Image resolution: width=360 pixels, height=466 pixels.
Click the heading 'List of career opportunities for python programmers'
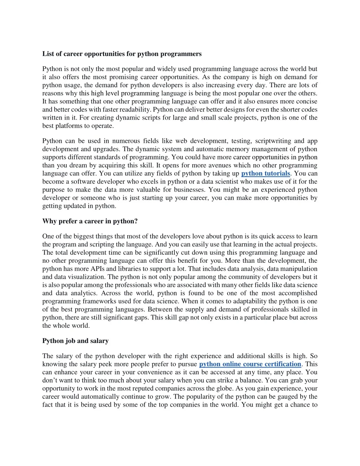pos(122,54)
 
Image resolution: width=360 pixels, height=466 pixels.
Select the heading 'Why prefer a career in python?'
pos(90,221)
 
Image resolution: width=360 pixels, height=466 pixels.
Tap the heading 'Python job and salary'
pos(76,341)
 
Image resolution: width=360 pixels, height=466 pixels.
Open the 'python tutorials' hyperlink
pos(265,173)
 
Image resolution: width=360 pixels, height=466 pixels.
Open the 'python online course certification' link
pos(250,364)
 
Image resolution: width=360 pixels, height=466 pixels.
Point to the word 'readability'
pos(135,109)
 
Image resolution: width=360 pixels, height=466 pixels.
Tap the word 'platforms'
pos(69,126)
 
